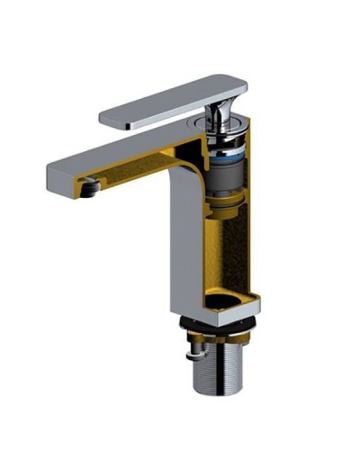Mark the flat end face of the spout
click(54, 176)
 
